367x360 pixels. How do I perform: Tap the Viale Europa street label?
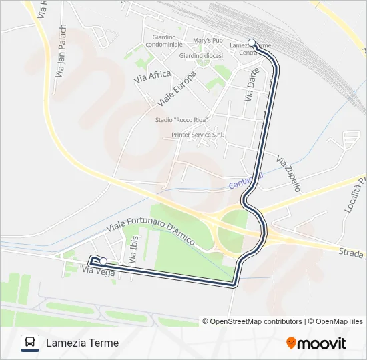point(175,90)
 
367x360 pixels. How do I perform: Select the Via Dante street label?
point(250,88)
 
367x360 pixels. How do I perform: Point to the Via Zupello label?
point(288,174)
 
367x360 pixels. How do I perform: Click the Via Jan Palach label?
point(61,52)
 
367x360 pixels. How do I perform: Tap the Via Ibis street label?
point(132,251)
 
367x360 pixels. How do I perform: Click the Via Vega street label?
point(99,271)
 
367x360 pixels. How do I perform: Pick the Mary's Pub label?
point(208,41)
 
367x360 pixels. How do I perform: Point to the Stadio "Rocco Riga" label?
point(181,120)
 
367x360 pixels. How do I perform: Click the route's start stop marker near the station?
point(252,41)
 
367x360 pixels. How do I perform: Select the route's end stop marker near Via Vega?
point(103,261)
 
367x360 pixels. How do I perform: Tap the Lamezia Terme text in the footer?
point(82,343)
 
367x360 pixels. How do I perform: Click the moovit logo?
point(316,343)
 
